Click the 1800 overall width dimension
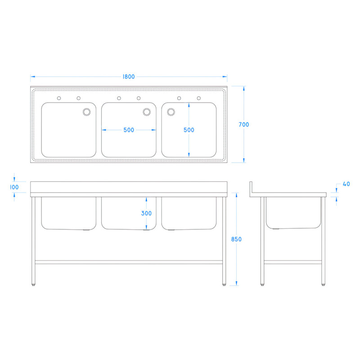(128, 76)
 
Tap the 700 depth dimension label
(244, 125)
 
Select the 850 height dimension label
(237, 239)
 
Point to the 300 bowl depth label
(146, 213)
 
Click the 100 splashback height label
(14, 187)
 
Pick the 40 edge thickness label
(346, 184)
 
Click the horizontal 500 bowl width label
(129, 130)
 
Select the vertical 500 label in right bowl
(189, 130)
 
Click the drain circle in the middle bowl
(147, 112)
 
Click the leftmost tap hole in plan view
(58, 98)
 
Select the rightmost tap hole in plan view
(198, 98)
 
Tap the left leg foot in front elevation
(35, 284)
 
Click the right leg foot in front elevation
(224, 284)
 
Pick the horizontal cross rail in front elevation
(130, 261)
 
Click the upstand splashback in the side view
(252, 188)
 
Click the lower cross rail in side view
(292, 261)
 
